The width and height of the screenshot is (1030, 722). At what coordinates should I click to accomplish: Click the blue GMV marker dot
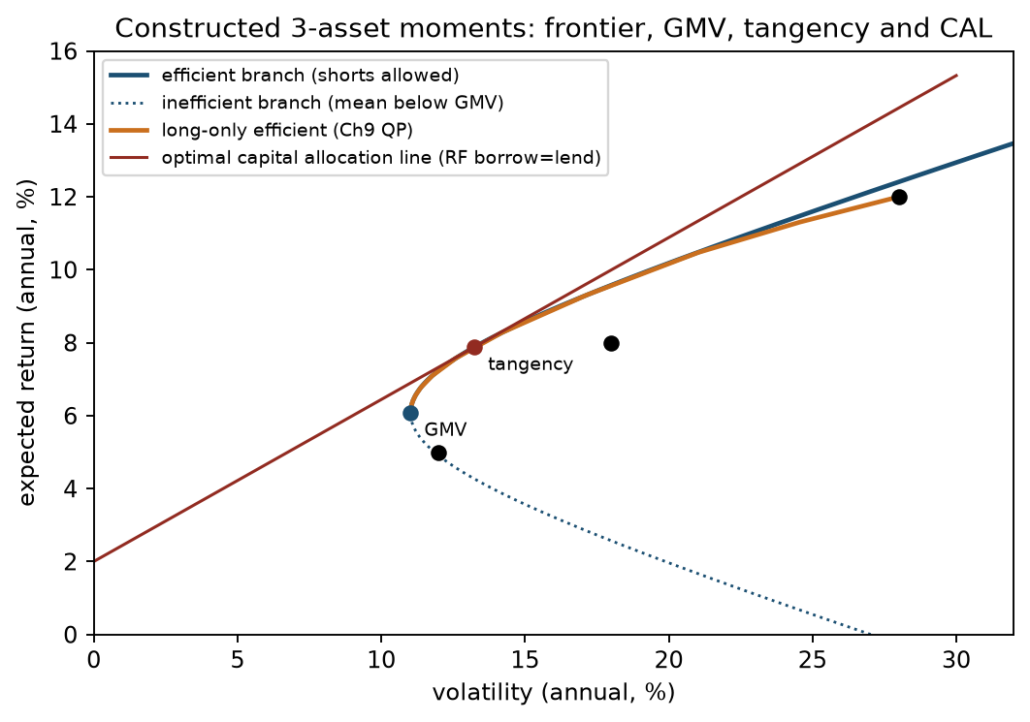click(410, 413)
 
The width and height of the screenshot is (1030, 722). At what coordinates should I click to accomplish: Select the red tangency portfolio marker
click(474, 347)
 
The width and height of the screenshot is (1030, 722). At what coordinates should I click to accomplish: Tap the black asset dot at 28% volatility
click(899, 197)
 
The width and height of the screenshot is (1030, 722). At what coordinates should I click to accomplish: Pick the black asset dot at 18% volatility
click(612, 343)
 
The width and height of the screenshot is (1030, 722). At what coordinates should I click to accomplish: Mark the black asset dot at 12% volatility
click(438, 453)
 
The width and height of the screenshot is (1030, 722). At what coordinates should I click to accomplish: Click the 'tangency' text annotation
click(531, 364)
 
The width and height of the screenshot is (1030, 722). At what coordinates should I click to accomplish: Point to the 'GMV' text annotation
click(445, 429)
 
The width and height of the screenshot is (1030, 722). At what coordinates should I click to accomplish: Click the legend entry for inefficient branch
click(306, 103)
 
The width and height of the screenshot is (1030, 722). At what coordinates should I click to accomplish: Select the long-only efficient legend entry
click(261, 131)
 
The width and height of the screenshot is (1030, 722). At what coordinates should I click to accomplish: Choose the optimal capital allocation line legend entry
click(355, 158)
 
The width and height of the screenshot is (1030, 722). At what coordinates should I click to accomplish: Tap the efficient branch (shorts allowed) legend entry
click(284, 76)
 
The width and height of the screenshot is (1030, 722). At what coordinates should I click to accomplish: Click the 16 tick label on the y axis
click(63, 51)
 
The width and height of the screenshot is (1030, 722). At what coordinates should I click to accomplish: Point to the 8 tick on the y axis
click(70, 343)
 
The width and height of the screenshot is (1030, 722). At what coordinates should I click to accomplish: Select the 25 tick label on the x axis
click(813, 659)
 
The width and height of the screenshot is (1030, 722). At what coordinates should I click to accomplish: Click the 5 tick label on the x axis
click(238, 659)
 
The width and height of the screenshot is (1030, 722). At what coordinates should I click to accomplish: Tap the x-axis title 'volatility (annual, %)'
click(553, 693)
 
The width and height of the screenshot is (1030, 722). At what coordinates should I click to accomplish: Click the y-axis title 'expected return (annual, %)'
click(26, 343)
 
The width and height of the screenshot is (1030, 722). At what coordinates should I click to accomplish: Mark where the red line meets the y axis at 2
click(95, 561)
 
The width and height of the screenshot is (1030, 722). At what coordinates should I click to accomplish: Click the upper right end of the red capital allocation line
click(957, 75)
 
